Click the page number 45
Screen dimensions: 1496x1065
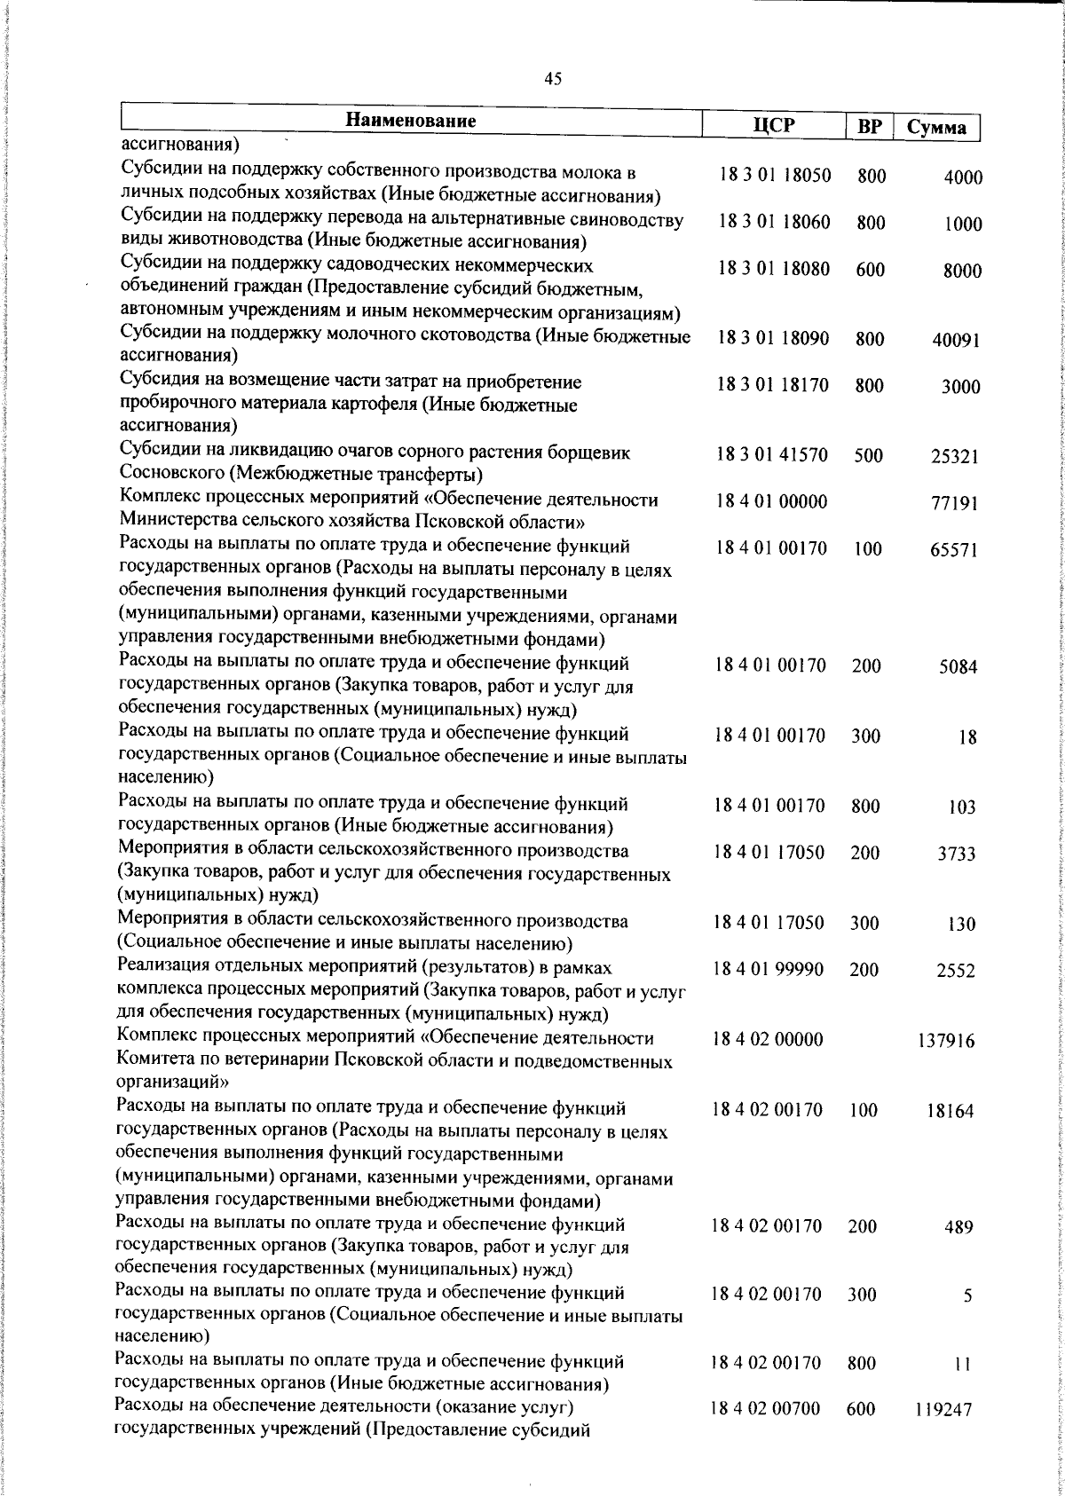click(x=553, y=79)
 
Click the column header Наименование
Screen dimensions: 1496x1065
click(x=411, y=121)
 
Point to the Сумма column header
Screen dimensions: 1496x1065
click(x=936, y=128)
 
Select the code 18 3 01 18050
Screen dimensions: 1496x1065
click(x=774, y=176)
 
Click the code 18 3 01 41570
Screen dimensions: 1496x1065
click(x=772, y=455)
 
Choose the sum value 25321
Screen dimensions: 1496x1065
click(x=954, y=457)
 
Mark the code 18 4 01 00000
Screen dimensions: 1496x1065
click(x=771, y=502)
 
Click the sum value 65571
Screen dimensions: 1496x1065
click(x=954, y=550)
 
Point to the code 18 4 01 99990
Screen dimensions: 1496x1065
click(x=769, y=970)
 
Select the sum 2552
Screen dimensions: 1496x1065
click(x=955, y=972)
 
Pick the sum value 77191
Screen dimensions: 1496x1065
click(x=954, y=504)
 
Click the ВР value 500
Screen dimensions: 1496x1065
click(x=868, y=456)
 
